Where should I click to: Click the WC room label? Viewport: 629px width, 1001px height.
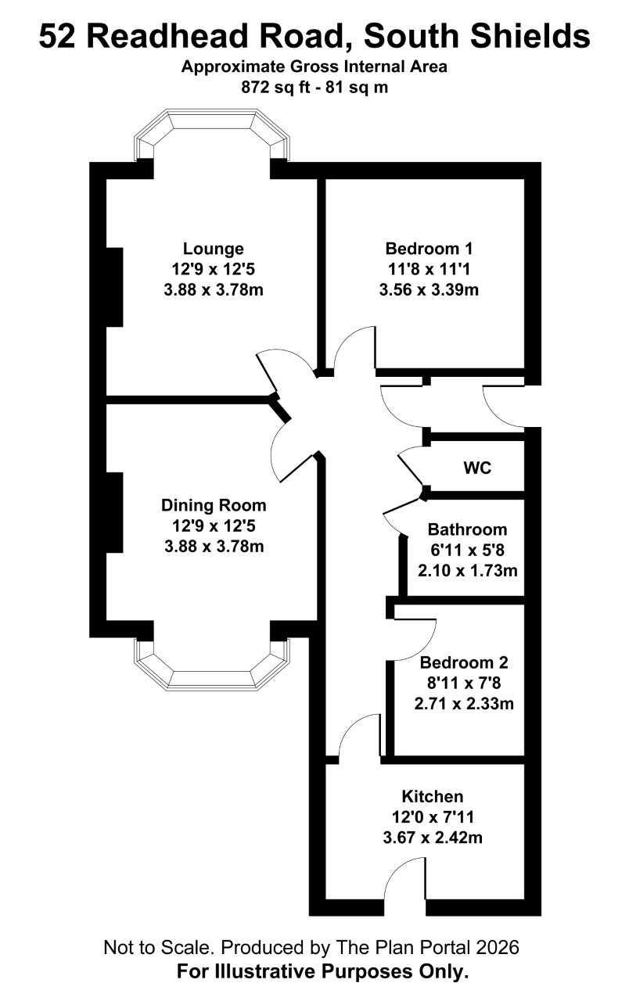(477, 468)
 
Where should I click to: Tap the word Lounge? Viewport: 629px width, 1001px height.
(214, 249)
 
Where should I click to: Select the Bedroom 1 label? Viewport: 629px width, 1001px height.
(429, 248)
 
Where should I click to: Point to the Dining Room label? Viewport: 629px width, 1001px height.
(214, 505)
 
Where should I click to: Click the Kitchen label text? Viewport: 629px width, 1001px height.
(433, 796)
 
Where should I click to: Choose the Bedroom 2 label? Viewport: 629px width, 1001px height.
(464, 662)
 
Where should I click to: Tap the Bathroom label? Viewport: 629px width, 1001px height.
(467, 529)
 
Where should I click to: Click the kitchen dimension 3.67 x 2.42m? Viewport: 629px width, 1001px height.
(433, 837)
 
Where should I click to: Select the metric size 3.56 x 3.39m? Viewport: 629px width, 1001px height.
(429, 289)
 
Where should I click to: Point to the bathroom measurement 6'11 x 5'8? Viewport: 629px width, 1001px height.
(467, 550)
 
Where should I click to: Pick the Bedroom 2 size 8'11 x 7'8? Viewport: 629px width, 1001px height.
(464, 683)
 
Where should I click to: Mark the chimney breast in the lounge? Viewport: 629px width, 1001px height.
(114, 287)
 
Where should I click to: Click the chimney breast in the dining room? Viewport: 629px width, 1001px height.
(114, 512)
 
